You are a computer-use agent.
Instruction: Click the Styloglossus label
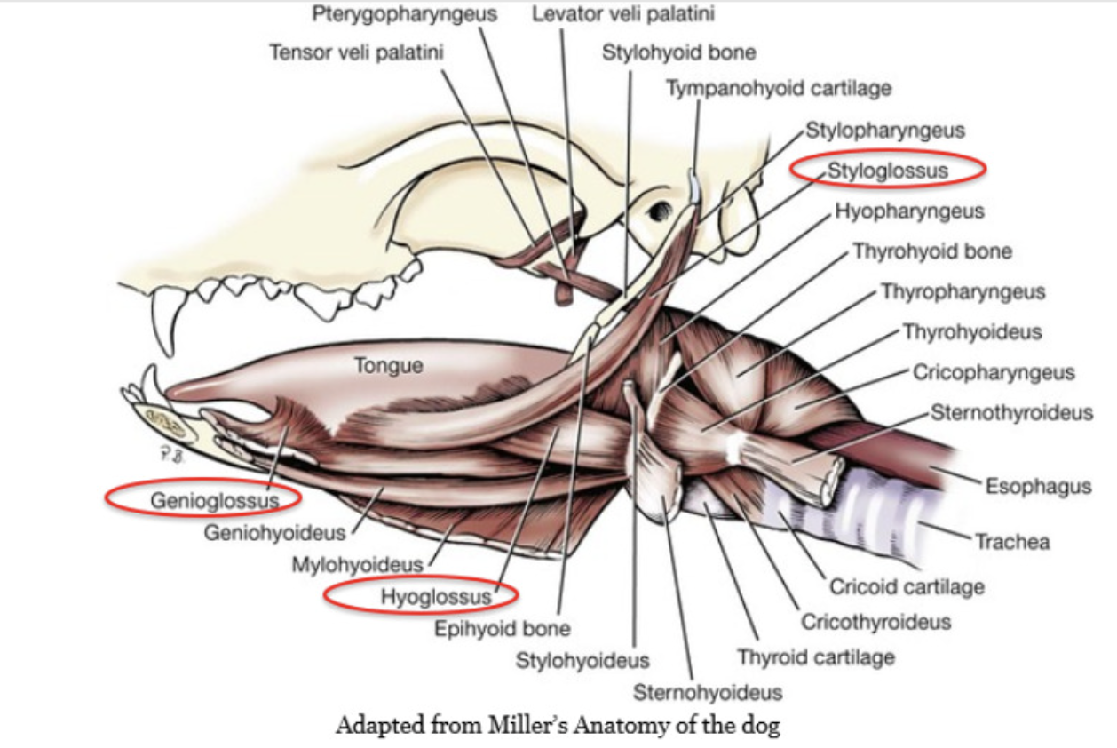click(887, 170)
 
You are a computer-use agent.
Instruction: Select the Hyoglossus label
click(435, 597)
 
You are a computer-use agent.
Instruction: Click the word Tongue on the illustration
click(388, 365)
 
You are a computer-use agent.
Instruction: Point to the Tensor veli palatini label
click(356, 52)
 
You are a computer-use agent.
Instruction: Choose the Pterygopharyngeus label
click(405, 15)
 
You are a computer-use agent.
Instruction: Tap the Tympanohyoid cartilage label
click(778, 88)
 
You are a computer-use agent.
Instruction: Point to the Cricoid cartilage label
click(907, 587)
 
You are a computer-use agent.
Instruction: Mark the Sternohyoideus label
click(707, 692)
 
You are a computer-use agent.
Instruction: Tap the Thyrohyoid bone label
click(931, 251)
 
